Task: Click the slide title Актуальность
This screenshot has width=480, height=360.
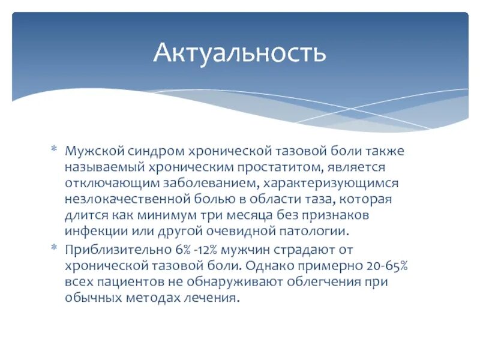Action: (x=239, y=53)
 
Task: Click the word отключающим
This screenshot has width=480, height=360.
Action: (x=106, y=182)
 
